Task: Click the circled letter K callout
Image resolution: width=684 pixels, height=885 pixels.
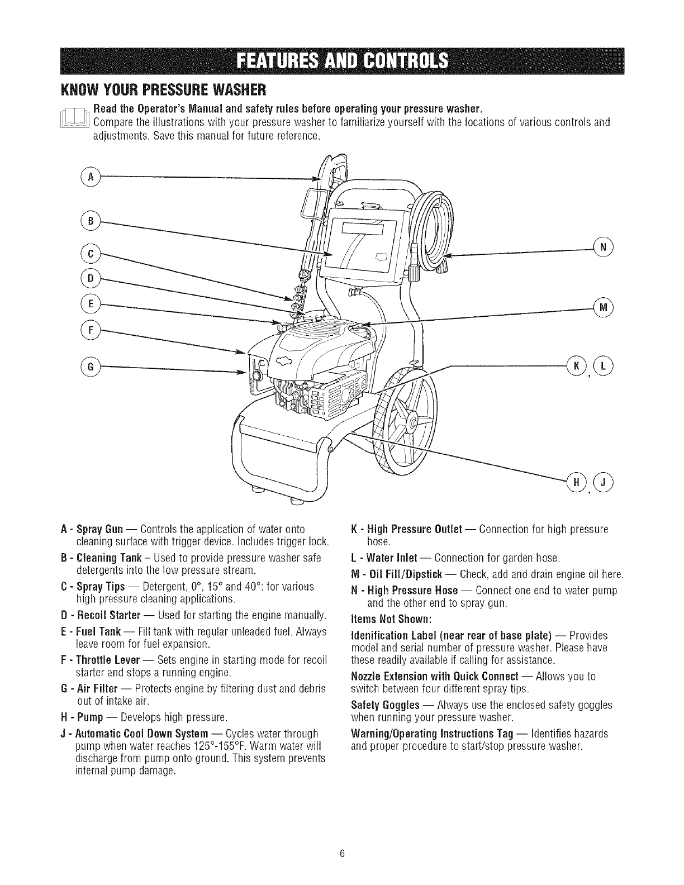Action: (575, 366)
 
